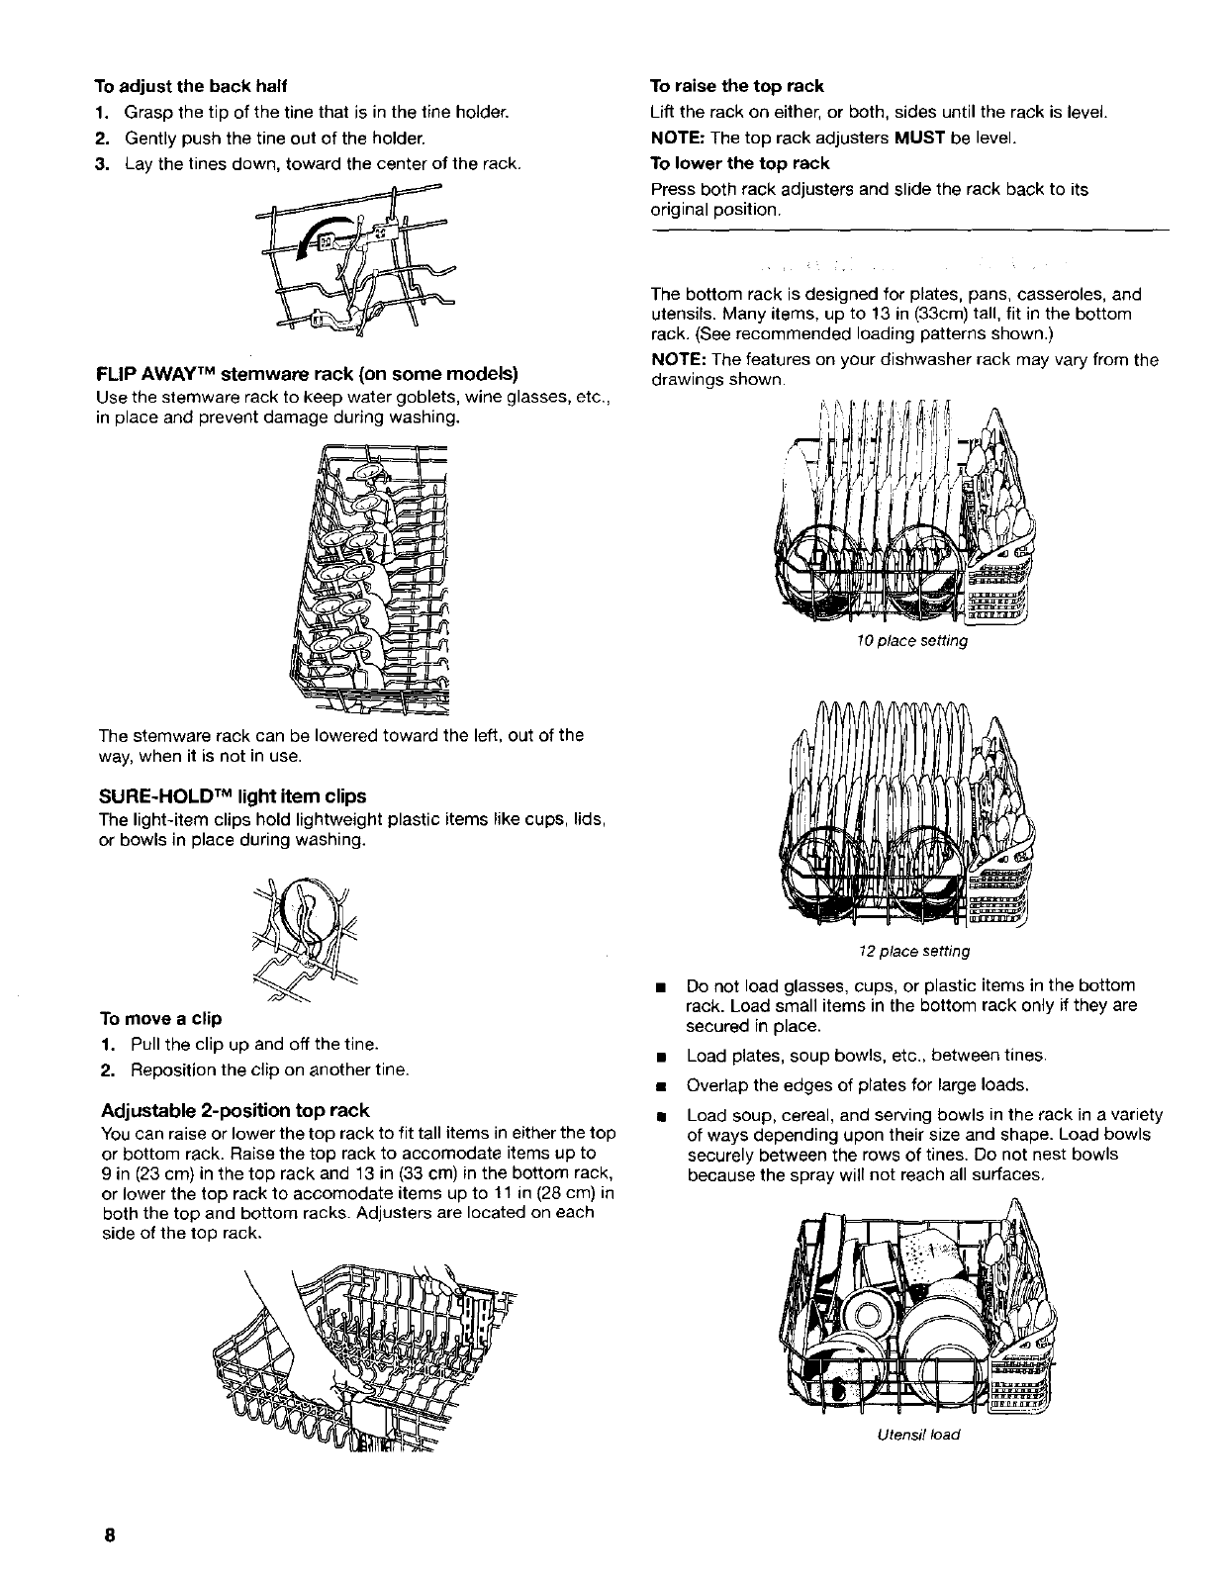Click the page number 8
pos(109,1535)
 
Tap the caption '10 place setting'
pos(911,641)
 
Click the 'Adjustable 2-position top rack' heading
pos(236,1109)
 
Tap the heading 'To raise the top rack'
pos(736,86)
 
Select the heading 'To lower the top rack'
pos(739,162)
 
